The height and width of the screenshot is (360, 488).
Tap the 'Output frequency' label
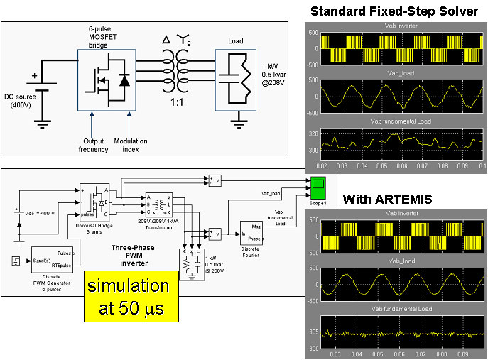92,145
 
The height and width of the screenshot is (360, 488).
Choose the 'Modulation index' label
130,145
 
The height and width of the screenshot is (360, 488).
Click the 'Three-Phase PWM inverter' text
129,252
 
